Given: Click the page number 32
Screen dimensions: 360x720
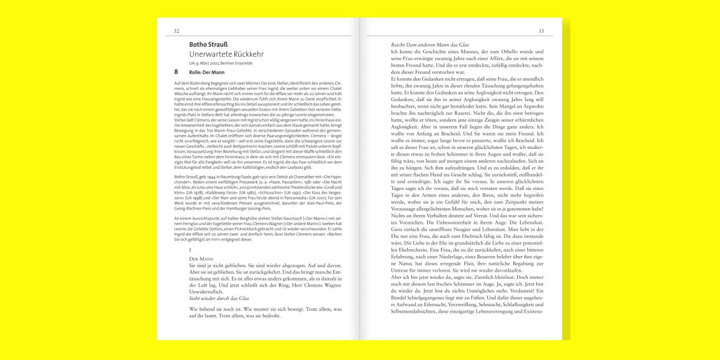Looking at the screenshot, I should point(177,31).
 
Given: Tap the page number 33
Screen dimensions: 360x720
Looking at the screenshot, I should point(541,31).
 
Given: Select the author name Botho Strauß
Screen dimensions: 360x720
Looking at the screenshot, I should point(208,44).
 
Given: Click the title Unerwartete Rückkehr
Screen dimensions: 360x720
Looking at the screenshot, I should point(226,54).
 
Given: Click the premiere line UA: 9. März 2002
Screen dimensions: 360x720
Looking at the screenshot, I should point(221,63).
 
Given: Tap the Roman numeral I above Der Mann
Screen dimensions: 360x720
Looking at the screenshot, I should point(191,250).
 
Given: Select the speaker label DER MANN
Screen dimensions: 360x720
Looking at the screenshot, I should point(201,259).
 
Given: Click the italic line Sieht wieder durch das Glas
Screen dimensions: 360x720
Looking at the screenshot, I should point(219,298).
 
